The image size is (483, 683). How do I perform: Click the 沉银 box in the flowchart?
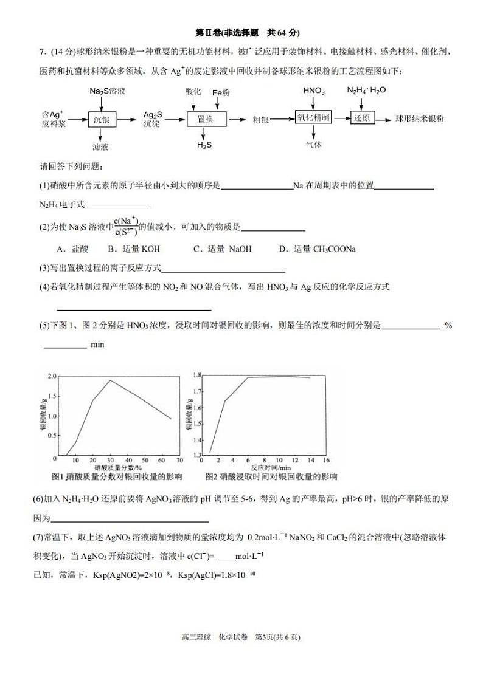pos(101,120)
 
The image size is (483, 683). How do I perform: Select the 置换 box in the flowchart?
pos(205,120)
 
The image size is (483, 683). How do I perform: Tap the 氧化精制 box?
pos(313,118)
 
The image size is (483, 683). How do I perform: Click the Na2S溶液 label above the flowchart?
pos(107,91)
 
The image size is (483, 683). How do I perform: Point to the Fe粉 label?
pos(221,92)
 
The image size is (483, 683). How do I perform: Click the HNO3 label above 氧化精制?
pos(313,91)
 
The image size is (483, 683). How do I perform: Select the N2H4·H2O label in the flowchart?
pos(366,91)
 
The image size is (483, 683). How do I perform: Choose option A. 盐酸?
pos(72,249)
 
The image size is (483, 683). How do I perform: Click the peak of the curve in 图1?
pos(110,380)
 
